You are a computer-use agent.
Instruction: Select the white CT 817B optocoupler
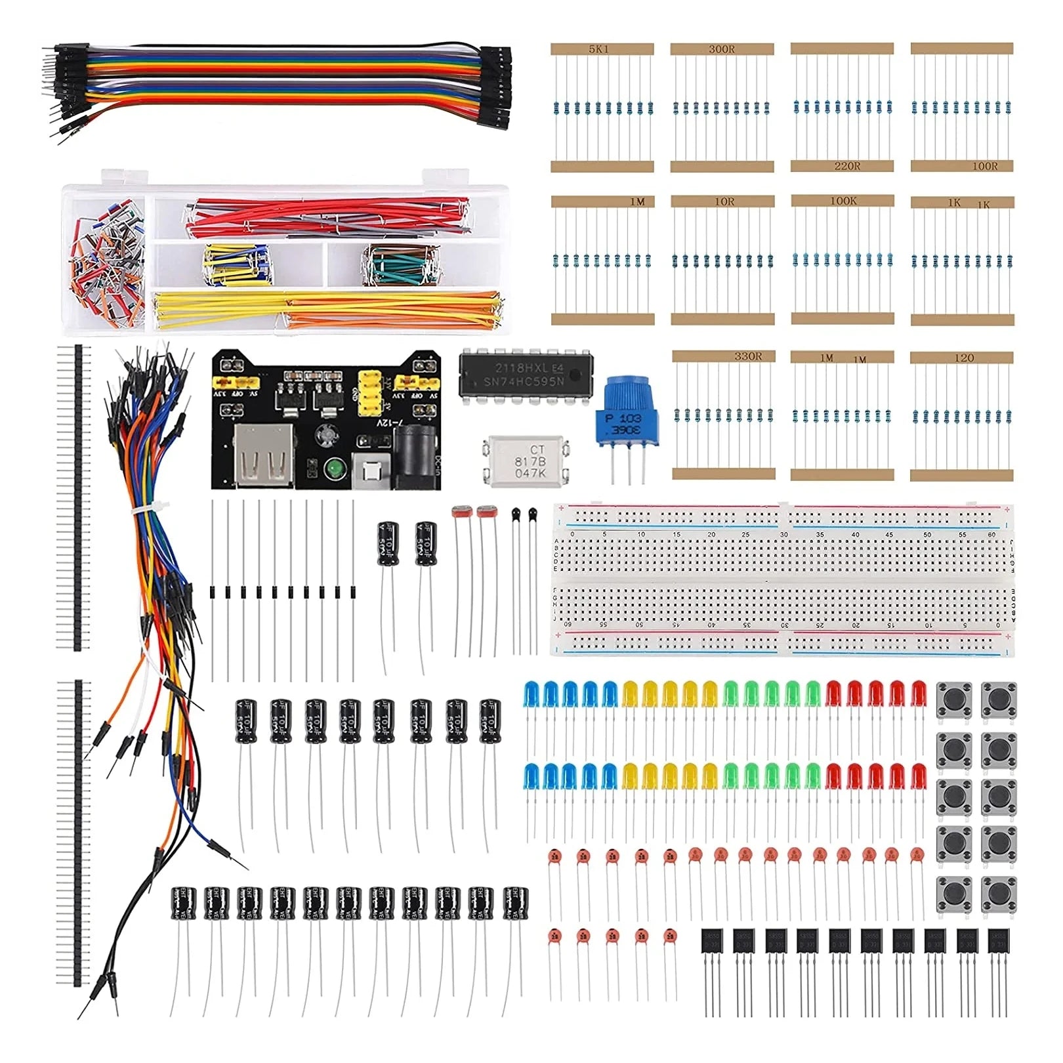pos(526,461)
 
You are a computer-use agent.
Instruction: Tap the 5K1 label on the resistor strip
pos(598,49)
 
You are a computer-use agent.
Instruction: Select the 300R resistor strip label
pos(722,49)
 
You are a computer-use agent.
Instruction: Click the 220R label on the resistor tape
pos(847,166)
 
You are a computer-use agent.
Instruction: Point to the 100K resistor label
pos(843,201)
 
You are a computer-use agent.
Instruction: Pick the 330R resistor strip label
pos(748,356)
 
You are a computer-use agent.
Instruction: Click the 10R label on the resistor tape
pos(724,201)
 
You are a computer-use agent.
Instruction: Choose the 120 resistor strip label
pos(964,358)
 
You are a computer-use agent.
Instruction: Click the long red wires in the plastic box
pos(328,217)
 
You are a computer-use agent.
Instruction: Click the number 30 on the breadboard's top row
pos(783,535)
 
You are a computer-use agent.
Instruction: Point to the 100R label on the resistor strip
pos(984,166)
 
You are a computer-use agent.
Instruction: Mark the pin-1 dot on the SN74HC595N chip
pos(575,374)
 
